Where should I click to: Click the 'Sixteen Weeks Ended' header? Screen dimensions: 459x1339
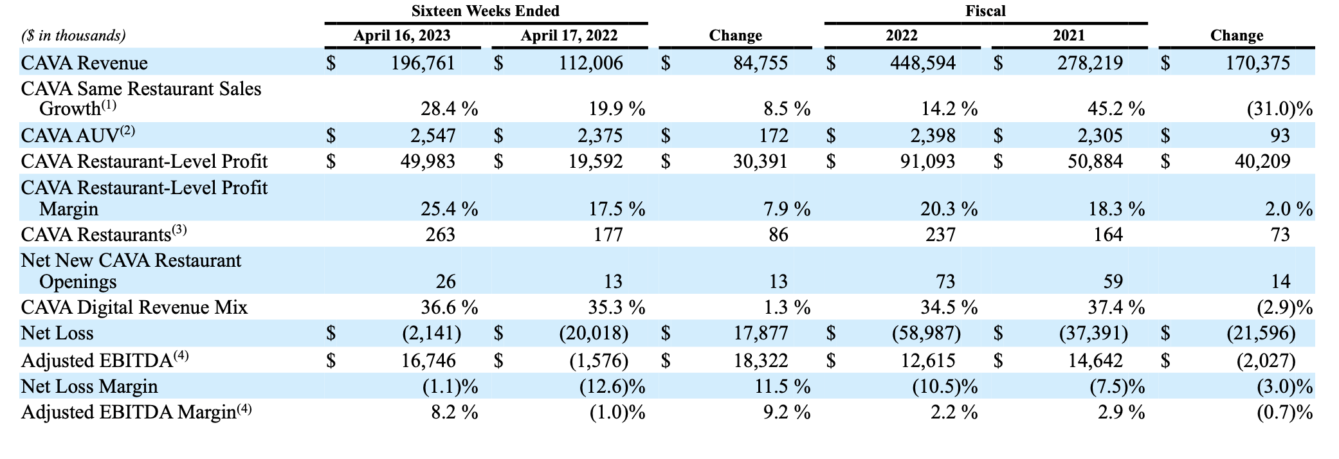[486, 11]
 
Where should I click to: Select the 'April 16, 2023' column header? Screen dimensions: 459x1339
[402, 36]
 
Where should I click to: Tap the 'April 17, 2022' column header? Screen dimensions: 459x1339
[569, 36]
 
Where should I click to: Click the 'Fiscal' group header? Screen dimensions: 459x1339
[985, 11]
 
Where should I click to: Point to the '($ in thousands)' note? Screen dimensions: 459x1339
[73, 36]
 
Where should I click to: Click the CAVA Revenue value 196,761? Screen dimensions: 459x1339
[423, 63]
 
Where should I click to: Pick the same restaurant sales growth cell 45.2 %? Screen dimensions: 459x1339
[1116, 109]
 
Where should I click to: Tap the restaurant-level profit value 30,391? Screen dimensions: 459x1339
[760, 161]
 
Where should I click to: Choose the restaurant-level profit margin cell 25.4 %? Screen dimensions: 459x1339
[449, 209]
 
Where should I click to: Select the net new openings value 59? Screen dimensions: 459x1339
[1113, 282]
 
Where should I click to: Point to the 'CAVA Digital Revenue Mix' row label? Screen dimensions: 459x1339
[134, 307]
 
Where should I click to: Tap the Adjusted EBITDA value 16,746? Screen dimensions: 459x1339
[428, 361]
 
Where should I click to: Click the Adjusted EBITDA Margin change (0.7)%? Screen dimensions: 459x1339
[1284, 412]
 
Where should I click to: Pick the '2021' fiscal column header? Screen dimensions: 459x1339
[1069, 36]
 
